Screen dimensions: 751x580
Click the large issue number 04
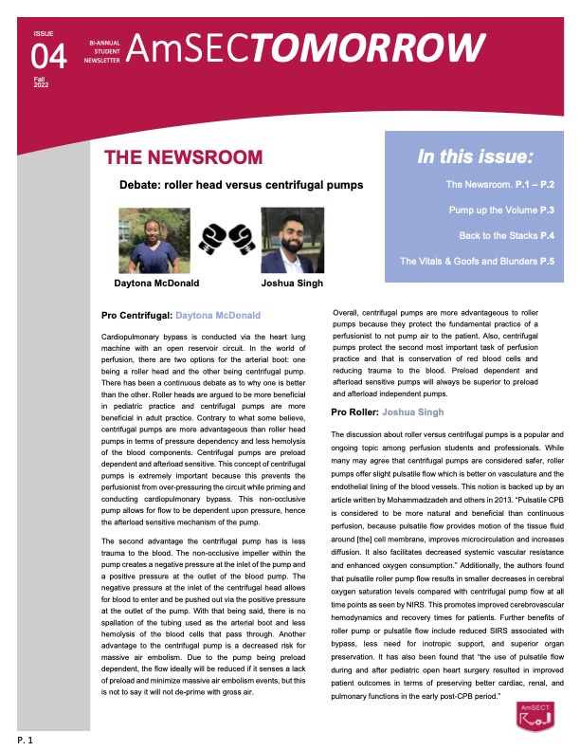pyautogui.click(x=49, y=58)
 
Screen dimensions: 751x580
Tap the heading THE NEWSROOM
pyautogui.click(x=183, y=157)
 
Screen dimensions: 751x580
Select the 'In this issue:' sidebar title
pyautogui.click(x=475, y=156)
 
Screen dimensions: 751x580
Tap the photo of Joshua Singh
pyautogui.click(x=290, y=241)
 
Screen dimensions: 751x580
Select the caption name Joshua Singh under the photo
pyautogui.click(x=291, y=283)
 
